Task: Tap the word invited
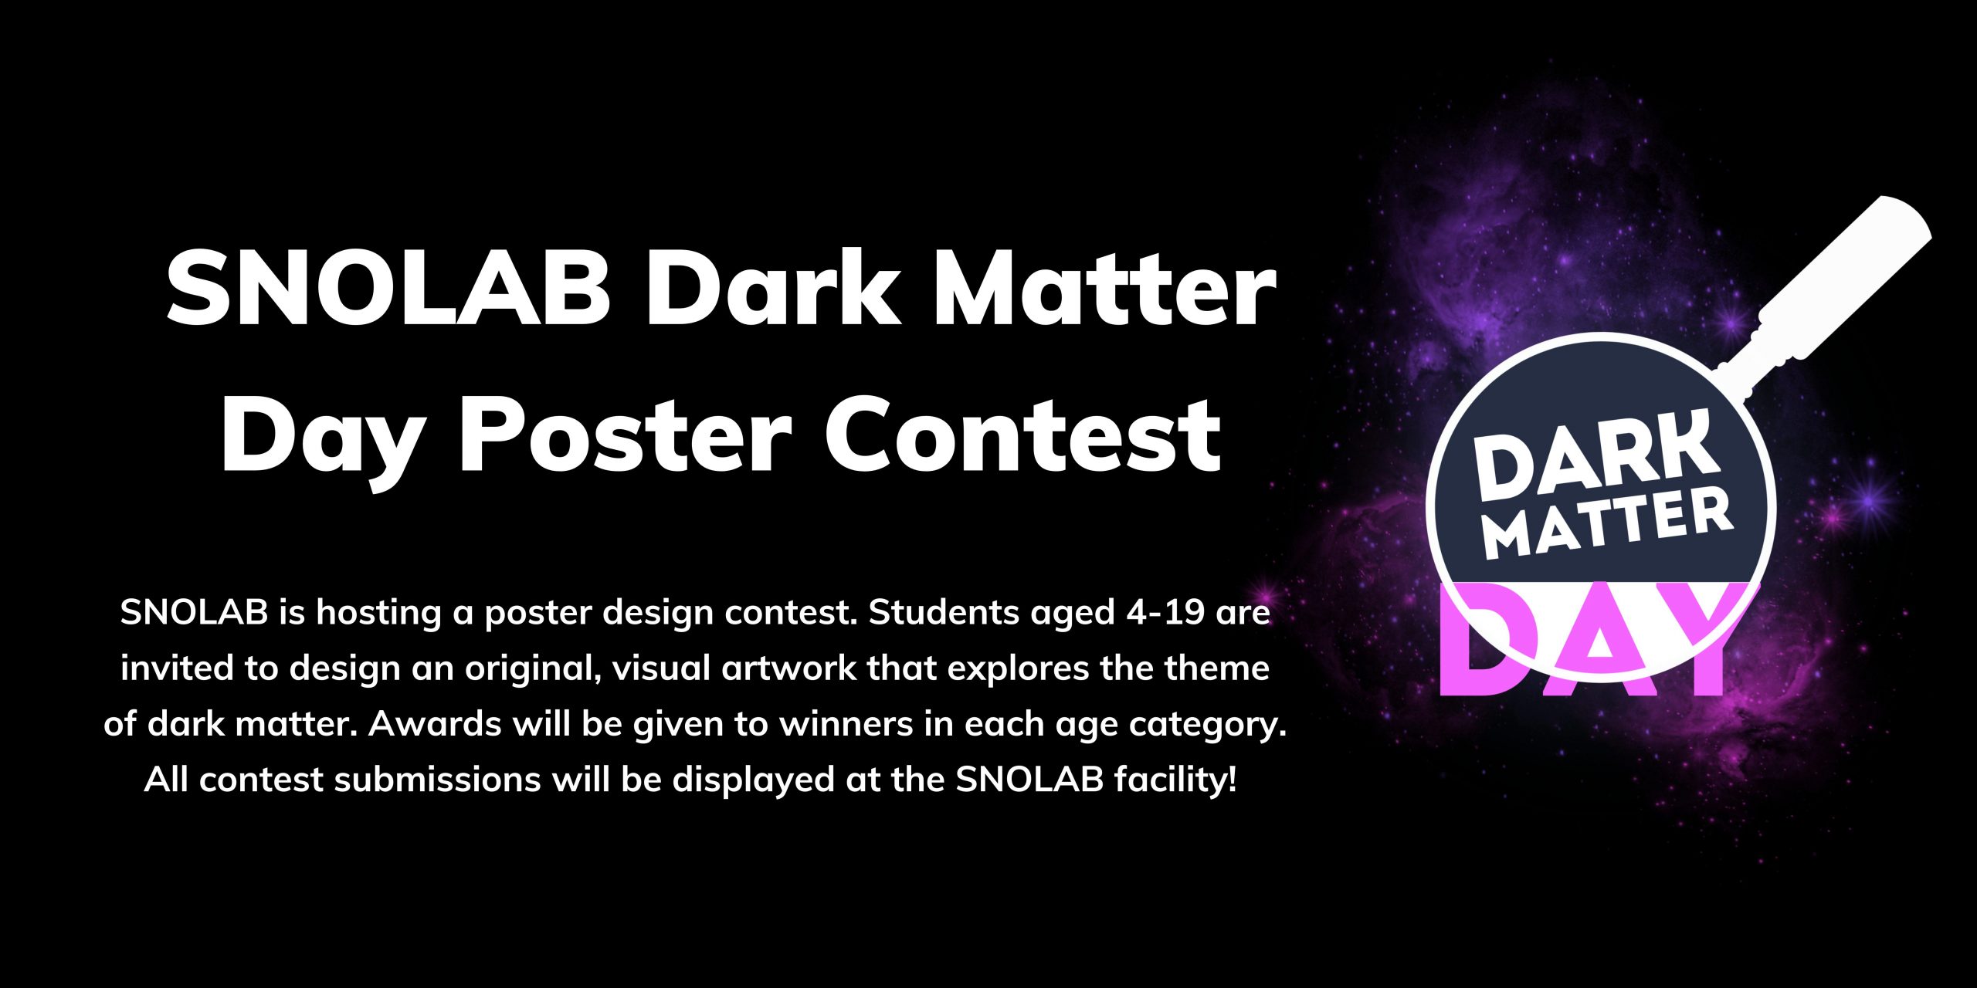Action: [178, 668]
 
